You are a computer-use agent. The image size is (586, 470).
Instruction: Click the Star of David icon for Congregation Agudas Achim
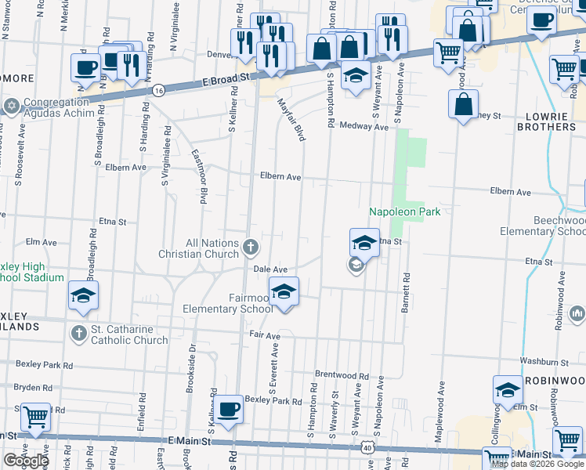click(x=11, y=105)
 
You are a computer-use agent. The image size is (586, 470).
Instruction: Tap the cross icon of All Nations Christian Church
click(x=251, y=248)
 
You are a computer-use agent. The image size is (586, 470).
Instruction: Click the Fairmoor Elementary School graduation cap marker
click(x=284, y=292)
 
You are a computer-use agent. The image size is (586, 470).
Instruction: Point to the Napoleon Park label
click(x=404, y=211)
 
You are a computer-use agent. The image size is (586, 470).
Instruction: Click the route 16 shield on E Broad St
click(x=159, y=90)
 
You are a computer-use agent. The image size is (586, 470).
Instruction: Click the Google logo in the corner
click(x=25, y=461)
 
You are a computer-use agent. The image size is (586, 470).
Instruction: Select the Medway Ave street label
click(x=364, y=126)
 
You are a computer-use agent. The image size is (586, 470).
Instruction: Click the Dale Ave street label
click(x=270, y=269)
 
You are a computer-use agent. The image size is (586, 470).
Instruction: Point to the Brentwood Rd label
click(x=342, y=374)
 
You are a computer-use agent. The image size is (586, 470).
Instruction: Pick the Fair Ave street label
click(x=265, y=335)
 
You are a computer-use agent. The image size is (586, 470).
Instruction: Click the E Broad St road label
click(x=224, y=78)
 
